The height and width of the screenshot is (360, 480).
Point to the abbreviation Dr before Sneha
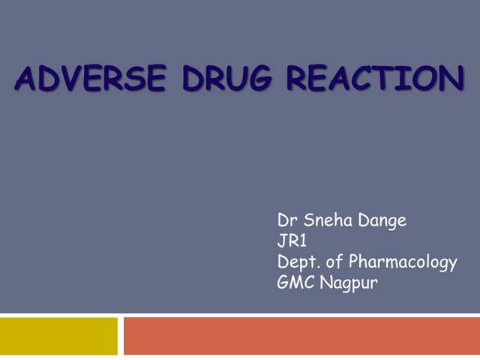[286, 220]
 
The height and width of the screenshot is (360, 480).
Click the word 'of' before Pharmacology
[334, 262]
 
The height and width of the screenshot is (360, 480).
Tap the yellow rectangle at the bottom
[58, 336]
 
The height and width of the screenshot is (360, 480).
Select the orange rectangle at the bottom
[301, 336]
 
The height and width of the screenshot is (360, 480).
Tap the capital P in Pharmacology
[355, 262]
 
